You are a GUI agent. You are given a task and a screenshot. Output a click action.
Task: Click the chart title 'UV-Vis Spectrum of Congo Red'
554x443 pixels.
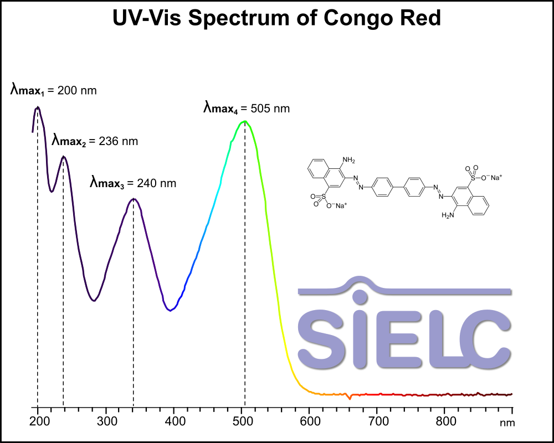point(276,18)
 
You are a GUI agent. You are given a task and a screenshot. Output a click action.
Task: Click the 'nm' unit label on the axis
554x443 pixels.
point(507,424)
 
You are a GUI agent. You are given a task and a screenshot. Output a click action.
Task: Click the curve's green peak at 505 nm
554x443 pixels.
point(244,121)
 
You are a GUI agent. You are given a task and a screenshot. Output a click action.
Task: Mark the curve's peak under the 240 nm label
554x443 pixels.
point(133,199)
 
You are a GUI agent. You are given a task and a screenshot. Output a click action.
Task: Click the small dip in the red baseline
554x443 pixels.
point(349,398)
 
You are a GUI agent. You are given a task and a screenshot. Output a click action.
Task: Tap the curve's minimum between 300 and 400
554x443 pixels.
point(171,310)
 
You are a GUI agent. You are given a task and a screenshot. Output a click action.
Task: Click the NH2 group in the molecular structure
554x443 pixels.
point(348,161)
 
